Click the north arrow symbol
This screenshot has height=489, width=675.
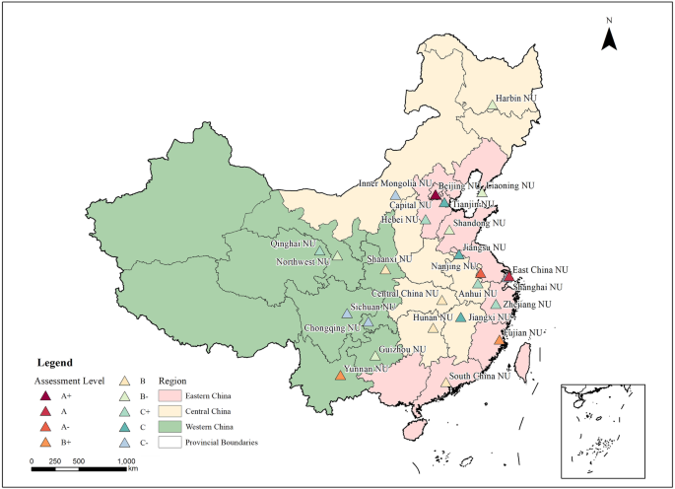[610, 38]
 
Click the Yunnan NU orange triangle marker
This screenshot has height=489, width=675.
[340, 375]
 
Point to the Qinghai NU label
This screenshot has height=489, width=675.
[294, 244]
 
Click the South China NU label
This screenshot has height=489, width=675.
[480, 376]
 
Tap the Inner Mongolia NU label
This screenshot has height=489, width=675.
[395, 183]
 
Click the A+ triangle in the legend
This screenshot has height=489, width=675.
[45, 395]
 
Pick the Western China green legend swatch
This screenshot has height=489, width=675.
[170, 427]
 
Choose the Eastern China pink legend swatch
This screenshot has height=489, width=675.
[170, 395]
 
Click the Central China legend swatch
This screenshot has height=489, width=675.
[170, 411]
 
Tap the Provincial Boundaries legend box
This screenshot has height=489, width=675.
[170, 443]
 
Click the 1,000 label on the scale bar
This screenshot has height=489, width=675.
[126, 460]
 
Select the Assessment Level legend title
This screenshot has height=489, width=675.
[72, 379]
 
